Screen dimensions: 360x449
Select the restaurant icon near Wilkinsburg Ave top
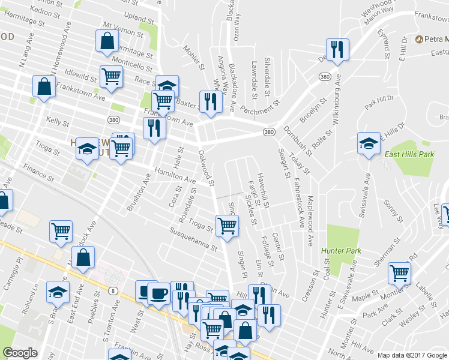pyautogui.click(x=336, y=50)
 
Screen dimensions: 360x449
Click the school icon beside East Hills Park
pyautogui.click(x=368, y=143)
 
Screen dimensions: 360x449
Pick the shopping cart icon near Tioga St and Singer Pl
pyautogui.click(x=228, y=226)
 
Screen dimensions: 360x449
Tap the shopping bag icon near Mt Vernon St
pyautogui.click(x=106, y=42)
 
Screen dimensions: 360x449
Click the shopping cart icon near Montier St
pyautogui.click(x=399, y=273)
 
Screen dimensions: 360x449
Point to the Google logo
pyautogui.click(x=20, y=353)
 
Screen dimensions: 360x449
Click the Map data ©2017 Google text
pyautogui.click(x=412, y=355)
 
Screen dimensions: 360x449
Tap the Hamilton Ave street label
pyautogui.click(x=175, y=175)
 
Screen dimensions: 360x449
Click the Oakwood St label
pyautogui.click(x=206, y=169)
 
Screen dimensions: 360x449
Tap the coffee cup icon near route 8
pyautogui.click(x=158, y=294)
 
